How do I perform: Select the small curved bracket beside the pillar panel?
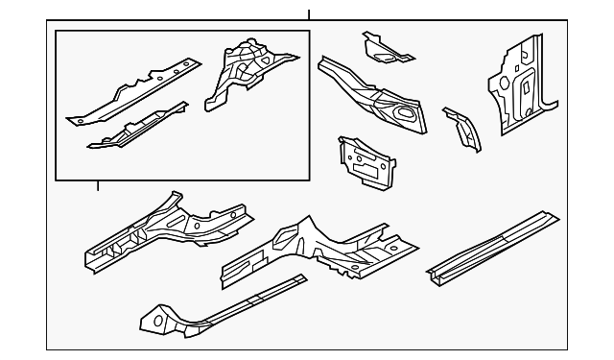462,129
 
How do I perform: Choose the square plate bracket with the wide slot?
366,160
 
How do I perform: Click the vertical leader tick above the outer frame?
309,14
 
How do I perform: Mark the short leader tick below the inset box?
98,184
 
